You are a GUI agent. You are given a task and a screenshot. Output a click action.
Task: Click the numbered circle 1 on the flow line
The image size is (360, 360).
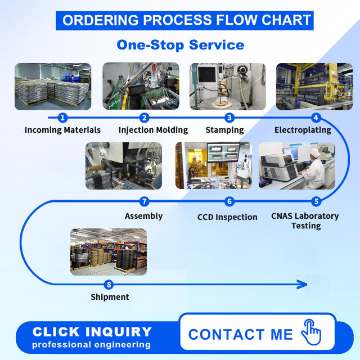62,118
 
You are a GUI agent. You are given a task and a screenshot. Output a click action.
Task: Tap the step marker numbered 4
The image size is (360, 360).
316,118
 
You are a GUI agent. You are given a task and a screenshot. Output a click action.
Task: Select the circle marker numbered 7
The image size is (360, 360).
145,201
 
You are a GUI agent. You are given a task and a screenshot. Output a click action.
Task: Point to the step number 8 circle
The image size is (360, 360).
109,285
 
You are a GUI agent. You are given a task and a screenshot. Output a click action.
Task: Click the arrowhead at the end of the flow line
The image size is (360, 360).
302,285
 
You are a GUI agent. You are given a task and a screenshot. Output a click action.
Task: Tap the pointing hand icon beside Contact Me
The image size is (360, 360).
311,332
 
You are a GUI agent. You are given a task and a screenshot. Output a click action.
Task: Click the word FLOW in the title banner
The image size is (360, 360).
236,20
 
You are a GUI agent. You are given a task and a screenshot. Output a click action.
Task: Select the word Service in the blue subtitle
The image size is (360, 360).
217,45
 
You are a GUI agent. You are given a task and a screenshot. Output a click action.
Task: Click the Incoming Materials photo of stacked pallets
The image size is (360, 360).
53,86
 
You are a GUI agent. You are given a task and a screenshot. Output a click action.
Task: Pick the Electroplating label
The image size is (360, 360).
303,130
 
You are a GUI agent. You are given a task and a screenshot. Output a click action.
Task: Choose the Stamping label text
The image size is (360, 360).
224,130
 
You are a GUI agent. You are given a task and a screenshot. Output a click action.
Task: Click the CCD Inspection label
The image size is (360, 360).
227,217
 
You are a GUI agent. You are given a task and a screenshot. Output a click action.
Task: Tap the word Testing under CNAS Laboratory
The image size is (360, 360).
306,226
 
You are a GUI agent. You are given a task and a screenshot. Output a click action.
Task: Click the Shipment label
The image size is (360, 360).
110,297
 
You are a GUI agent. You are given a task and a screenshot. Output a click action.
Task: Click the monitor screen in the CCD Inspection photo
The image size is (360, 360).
223,152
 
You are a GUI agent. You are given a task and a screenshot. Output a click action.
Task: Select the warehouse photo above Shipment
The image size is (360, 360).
109,252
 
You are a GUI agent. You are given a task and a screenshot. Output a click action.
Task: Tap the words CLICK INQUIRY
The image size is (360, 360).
92,332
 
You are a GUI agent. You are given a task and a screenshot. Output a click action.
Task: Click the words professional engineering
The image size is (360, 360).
91,345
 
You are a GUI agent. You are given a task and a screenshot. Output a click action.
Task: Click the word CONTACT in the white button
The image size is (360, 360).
226,334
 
